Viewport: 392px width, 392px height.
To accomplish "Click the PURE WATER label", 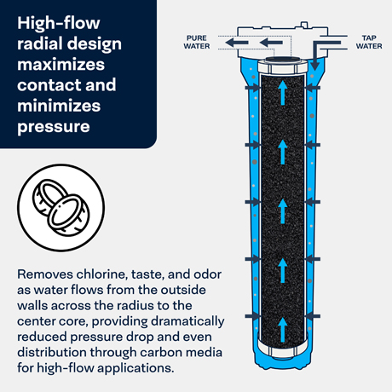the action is [197, 42].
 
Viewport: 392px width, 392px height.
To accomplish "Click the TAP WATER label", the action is [369, 42].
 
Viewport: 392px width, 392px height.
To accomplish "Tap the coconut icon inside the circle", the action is [61, 207].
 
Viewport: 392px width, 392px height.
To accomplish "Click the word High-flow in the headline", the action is [59, 23].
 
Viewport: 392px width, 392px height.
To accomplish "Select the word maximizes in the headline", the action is [61, 65].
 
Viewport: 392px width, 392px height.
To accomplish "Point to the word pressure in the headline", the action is [54, 127].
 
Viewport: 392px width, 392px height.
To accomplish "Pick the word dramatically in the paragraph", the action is [187, 321].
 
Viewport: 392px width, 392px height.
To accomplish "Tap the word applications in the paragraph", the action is [135, 368].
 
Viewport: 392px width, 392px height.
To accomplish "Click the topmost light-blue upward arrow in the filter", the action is [282, 92].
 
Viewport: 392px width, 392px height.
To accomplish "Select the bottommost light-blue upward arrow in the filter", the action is [282, 330].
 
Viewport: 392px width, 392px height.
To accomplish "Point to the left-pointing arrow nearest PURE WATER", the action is [237, 43].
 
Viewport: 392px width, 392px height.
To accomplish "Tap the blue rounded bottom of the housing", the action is [283, 360].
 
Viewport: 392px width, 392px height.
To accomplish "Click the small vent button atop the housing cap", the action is [304, 25].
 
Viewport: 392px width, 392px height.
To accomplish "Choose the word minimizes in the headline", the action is [59, 106].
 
